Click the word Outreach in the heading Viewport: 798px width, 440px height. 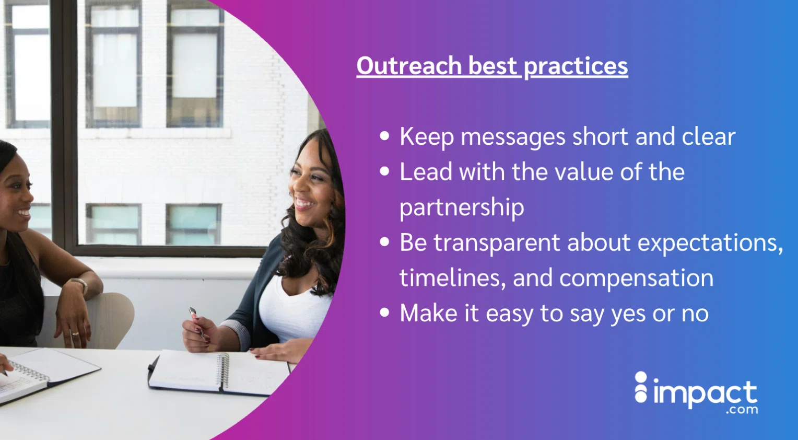click(409, 66)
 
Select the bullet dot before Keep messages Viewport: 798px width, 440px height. click(385, 136)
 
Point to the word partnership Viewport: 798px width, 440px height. click(462, 207)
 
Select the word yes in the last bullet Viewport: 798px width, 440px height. click(628, 314)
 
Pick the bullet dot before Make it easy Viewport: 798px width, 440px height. click(385, 313)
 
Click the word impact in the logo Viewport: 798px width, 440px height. click(705, 393)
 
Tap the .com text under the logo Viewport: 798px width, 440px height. click(742, 410)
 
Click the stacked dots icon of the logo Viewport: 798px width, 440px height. click(641, 387)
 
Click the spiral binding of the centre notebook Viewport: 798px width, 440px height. click(224, 370)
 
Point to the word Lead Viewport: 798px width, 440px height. click(426, 172)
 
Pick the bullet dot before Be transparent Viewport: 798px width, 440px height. click(385, 242)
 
